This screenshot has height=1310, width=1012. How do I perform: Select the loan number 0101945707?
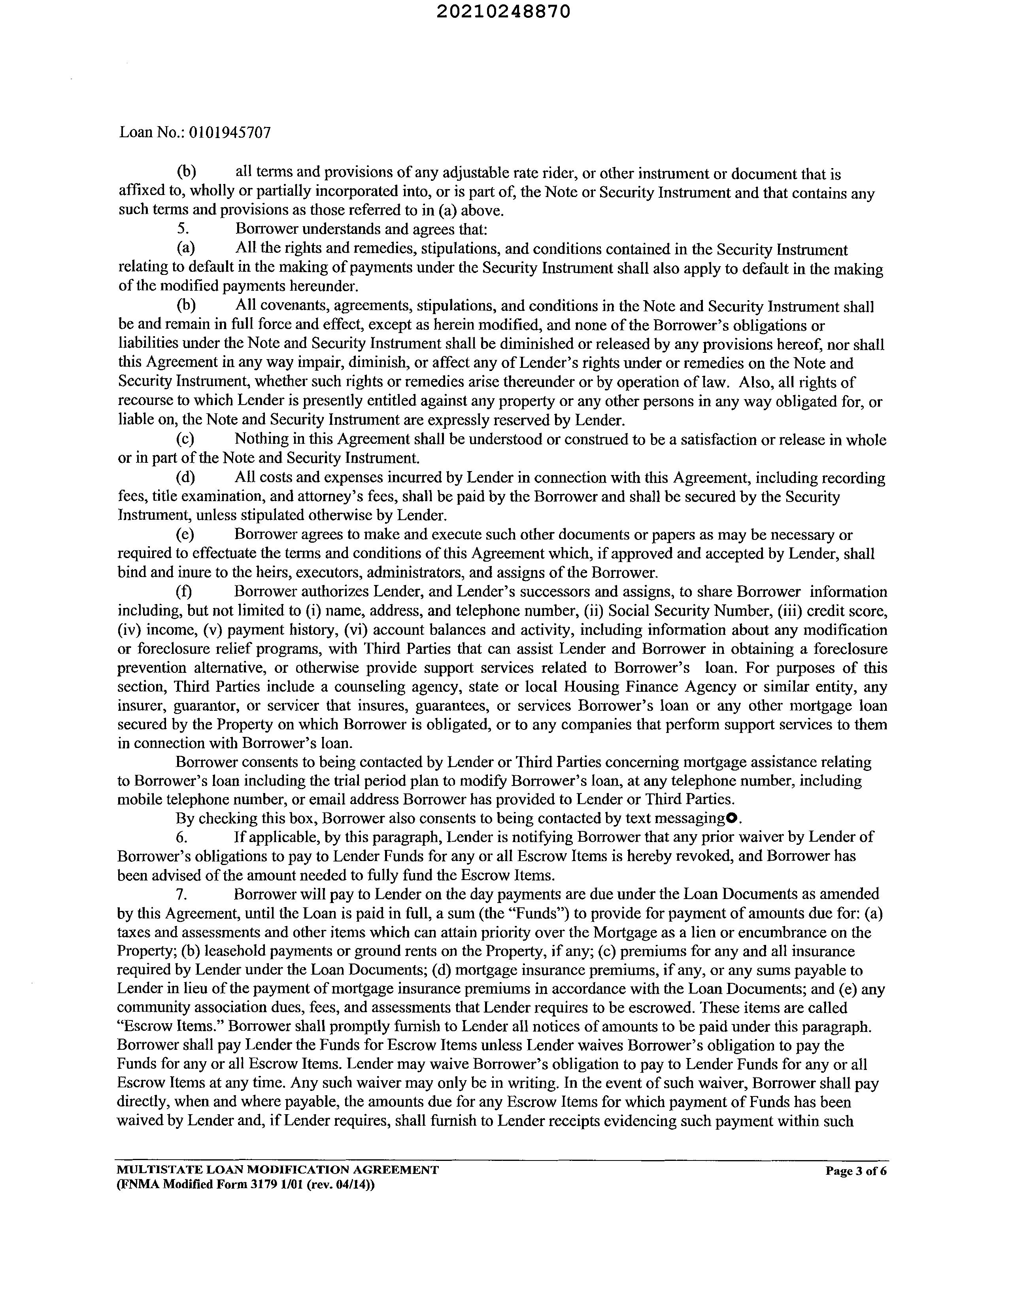[x=230, y=132]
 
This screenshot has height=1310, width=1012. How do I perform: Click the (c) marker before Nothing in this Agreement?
[x=185, y=439]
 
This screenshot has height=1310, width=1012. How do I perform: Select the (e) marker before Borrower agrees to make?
[x=185, y=534]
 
